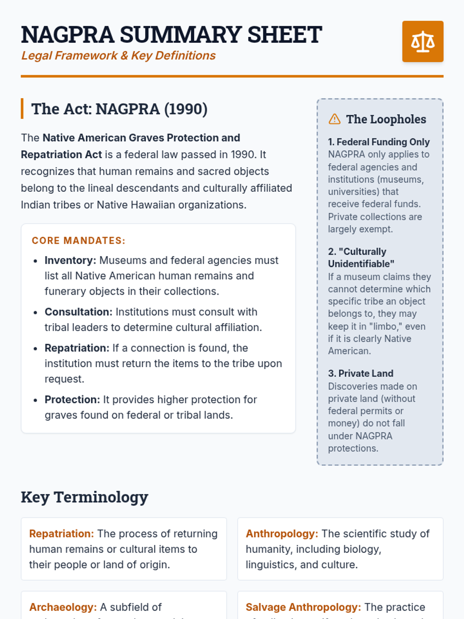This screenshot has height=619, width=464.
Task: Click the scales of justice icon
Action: point(423,41)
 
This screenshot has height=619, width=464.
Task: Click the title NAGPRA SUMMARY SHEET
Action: point(171,34)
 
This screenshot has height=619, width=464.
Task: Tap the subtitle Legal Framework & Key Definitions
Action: point(118,56)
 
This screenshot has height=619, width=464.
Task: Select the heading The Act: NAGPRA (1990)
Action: point(119,109)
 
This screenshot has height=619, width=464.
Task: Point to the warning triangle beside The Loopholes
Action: point(334,119)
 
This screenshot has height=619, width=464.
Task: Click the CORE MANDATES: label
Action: point(78,241)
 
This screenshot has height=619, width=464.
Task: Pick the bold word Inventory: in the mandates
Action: point(70,260)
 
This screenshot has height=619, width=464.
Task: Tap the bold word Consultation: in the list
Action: point(78,312)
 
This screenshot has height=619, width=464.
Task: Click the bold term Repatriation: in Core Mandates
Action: point(77,348)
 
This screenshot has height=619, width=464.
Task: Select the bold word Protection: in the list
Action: point(72,399)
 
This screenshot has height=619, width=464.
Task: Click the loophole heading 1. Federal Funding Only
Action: point(379,142)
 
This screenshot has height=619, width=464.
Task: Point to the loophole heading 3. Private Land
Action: point(360,373)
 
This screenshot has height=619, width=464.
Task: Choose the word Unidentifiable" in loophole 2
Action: point(361,264)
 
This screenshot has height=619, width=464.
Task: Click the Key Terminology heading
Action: point(84,497)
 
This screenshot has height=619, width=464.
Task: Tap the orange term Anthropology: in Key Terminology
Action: point(282,534)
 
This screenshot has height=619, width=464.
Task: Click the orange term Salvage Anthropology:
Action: point(303,607)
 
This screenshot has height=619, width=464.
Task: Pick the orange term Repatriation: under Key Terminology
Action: point(61,534)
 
